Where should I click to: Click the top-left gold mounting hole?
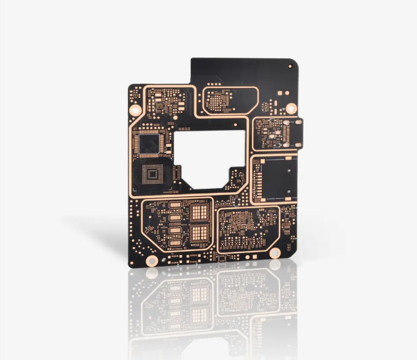coord(135,109)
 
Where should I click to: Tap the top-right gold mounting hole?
coord(291,108)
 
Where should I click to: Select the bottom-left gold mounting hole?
coord(152,260)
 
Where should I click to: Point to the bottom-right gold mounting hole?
coord(275,253)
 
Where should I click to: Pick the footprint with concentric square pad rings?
coord(153,175)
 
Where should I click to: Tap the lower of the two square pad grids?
coord(200,234)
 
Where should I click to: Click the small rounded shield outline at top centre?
coord(230,100)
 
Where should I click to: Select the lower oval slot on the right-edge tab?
coord(298,141)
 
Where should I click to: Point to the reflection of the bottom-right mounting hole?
coord(275,265)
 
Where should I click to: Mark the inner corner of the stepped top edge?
coord(191,84)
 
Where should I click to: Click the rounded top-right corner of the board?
coord(293,62)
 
